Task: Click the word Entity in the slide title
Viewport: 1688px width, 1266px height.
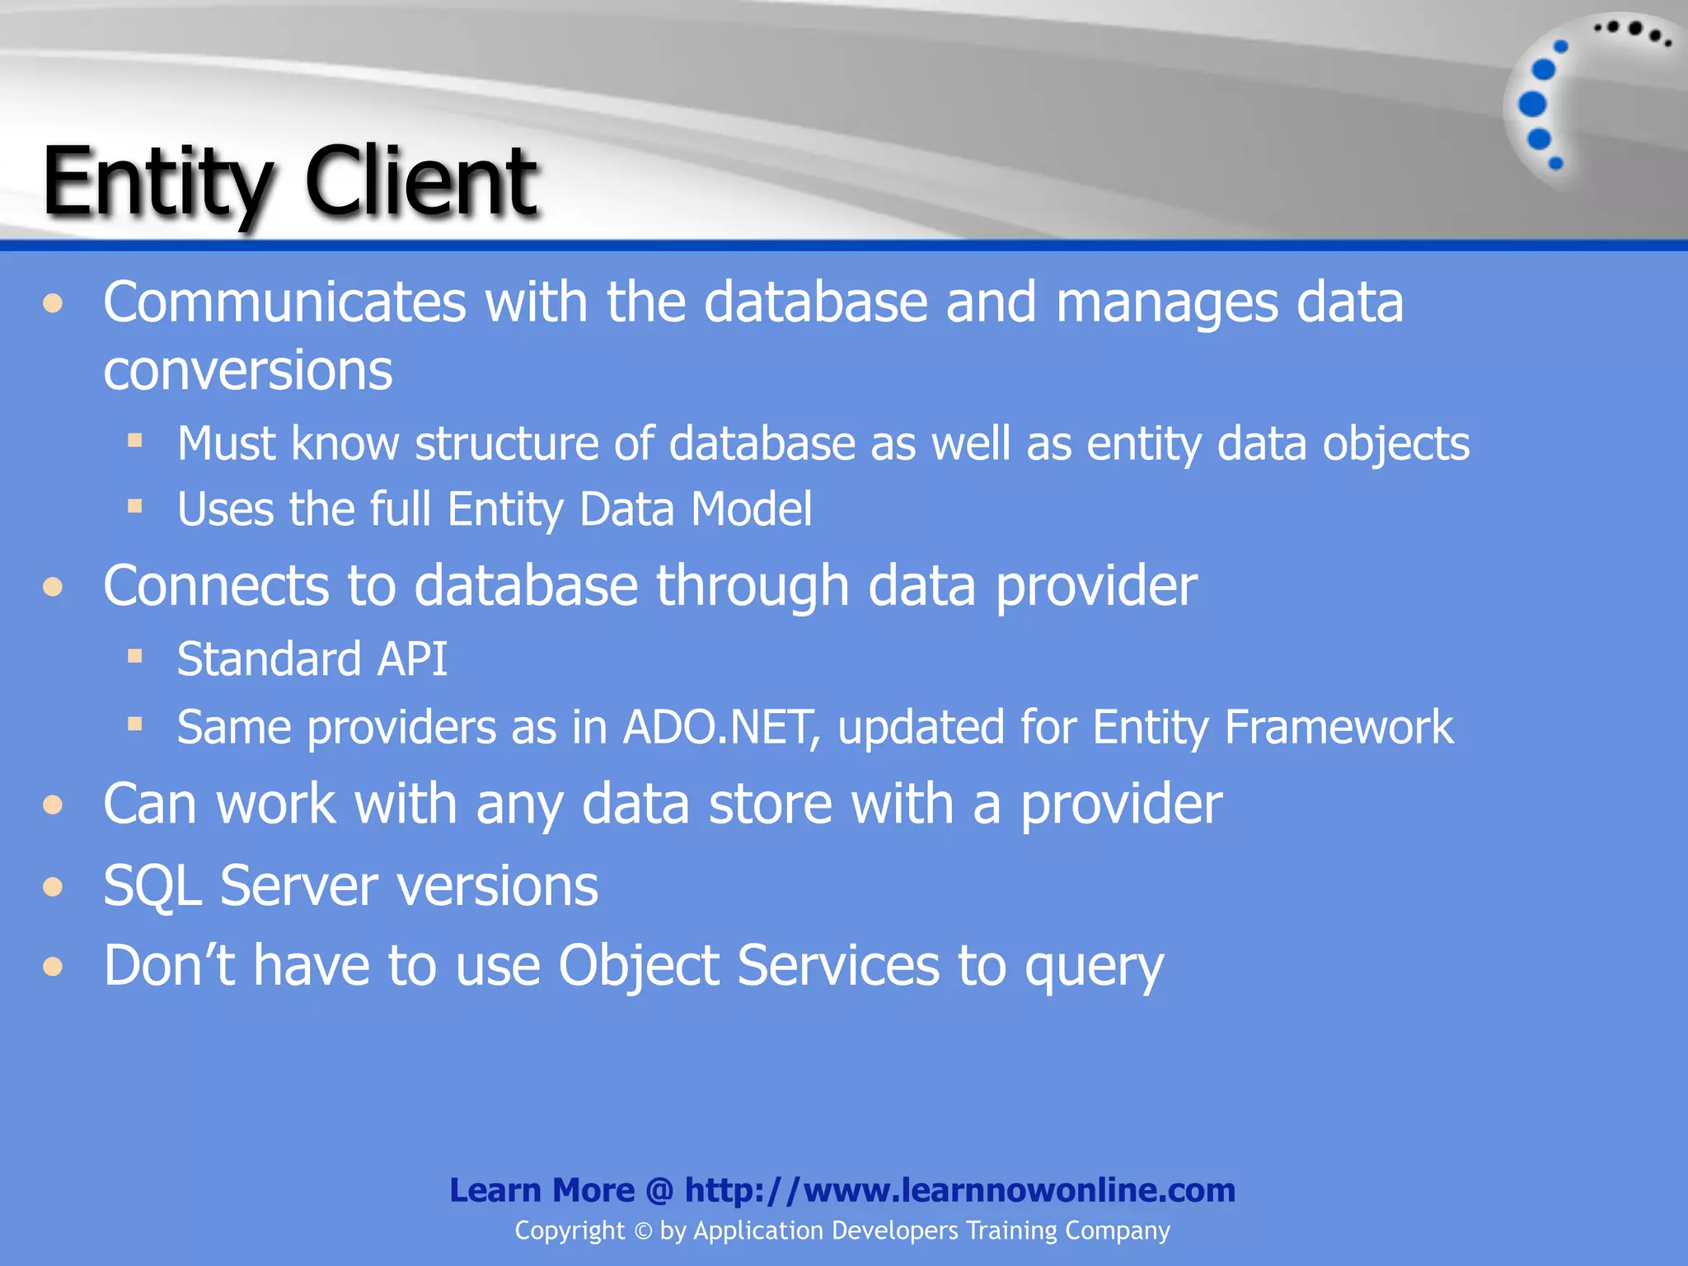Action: (157, 183)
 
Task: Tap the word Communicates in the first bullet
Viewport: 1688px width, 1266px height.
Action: (284, 302)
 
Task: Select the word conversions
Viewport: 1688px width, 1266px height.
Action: (247, 370)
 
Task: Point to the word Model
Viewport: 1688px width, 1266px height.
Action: (751, 509)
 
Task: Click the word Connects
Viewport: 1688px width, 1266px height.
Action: (216, 585)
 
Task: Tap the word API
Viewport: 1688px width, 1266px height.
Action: (411, 659)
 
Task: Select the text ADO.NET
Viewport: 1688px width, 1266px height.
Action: (720, 727)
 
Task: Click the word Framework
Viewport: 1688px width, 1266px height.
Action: (1339, 727)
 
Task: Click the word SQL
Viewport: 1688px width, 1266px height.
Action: (152, 886)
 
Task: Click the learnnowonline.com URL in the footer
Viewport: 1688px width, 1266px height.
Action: (959, 1190)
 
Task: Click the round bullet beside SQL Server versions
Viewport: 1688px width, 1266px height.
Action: (54, 887)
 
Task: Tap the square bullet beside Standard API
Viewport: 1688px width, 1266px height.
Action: (135, 657)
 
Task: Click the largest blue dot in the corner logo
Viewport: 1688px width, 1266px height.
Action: (1532, 104)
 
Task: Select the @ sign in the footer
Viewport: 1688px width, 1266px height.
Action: (659, 1190)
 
